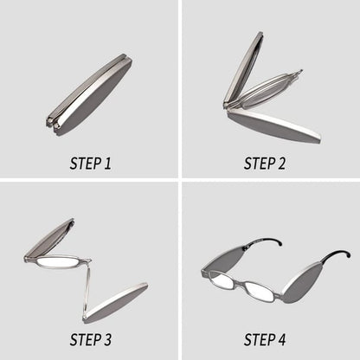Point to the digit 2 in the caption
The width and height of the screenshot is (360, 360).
pos(288,162)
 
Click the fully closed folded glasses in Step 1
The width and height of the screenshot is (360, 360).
pos(90,90)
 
